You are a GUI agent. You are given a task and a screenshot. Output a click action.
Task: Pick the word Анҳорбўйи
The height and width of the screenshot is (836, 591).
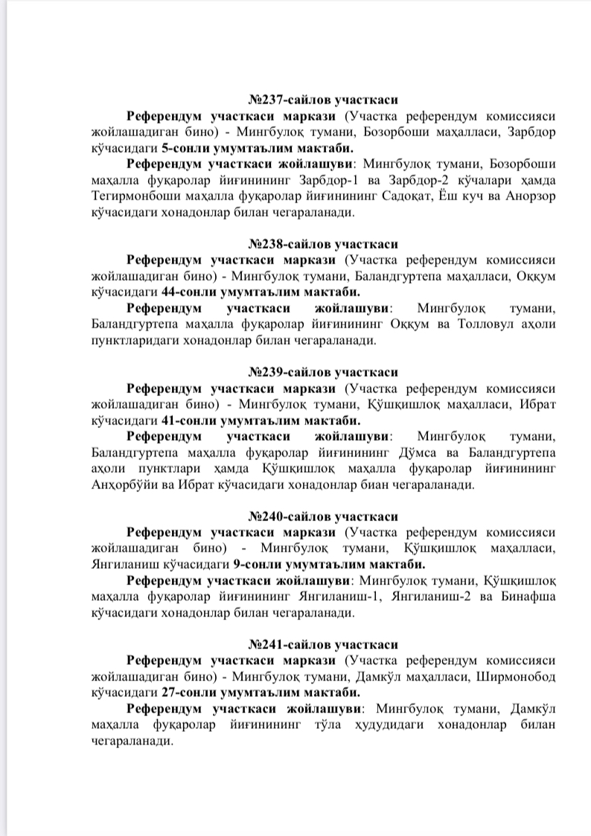point(122,486)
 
